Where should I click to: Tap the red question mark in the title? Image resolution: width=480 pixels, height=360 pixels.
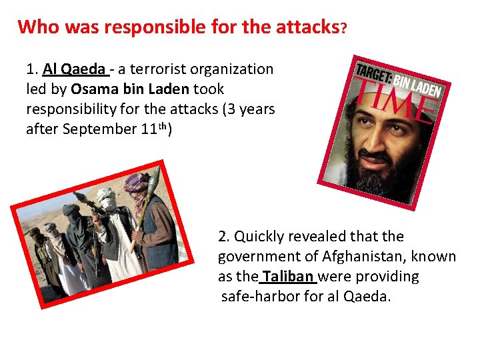point(343,29)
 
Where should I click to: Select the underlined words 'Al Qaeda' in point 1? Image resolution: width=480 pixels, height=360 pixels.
point(74,69)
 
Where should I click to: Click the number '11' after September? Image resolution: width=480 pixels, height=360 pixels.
point(149,129)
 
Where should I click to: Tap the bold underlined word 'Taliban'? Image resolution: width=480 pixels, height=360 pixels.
point(289,277)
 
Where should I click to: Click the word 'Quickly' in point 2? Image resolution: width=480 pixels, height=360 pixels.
point(263,237)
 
